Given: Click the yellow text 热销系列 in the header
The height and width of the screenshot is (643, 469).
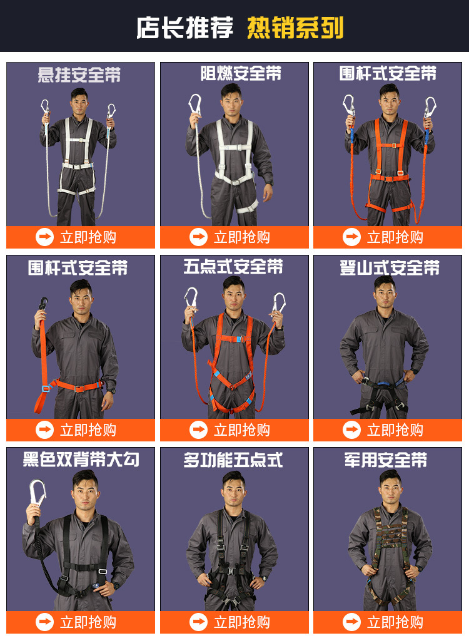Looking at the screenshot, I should (x=295, y=28).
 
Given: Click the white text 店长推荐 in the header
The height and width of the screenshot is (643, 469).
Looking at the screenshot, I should (x=185, y=28).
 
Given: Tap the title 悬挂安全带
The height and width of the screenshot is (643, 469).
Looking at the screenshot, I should (x=79, y=76).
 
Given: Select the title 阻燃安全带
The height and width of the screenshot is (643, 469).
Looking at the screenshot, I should (x=241, y=74).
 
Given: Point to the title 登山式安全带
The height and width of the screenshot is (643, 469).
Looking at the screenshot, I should (x=390, y=268).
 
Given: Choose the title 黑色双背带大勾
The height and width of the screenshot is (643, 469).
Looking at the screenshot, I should (x=81, y=460).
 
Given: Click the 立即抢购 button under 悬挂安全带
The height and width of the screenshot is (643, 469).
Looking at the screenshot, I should (x=81, y=237).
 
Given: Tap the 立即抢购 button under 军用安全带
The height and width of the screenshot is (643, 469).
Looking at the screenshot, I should (x=388, y=622).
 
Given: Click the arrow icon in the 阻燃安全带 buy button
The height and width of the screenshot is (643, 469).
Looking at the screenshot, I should (x=198, y=237).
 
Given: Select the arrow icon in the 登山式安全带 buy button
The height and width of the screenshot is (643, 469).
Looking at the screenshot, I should (x=351, y=430).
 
